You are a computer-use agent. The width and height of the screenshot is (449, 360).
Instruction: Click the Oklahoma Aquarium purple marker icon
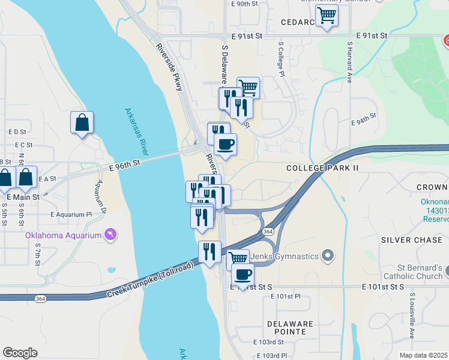point(110,234)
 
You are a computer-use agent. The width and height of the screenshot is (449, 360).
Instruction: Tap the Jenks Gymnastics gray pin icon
point(327,256)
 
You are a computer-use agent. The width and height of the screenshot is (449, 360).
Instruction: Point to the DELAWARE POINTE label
point(291,328)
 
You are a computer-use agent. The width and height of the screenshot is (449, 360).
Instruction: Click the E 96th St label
point(124,163)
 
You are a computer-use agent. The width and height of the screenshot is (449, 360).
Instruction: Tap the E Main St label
point(23,197)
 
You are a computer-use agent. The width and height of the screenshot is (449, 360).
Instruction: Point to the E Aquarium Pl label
point(71,214)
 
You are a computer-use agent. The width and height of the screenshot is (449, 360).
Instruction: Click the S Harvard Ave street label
point(349,62)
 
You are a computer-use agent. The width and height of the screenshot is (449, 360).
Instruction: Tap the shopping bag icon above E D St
point(82,122)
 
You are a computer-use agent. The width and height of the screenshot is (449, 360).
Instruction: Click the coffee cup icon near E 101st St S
point(243,275)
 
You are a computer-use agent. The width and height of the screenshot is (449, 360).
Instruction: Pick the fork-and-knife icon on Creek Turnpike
point(209,251)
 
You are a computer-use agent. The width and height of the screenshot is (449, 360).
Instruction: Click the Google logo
point(20,353)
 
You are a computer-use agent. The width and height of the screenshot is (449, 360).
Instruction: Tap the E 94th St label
point(363,122)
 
